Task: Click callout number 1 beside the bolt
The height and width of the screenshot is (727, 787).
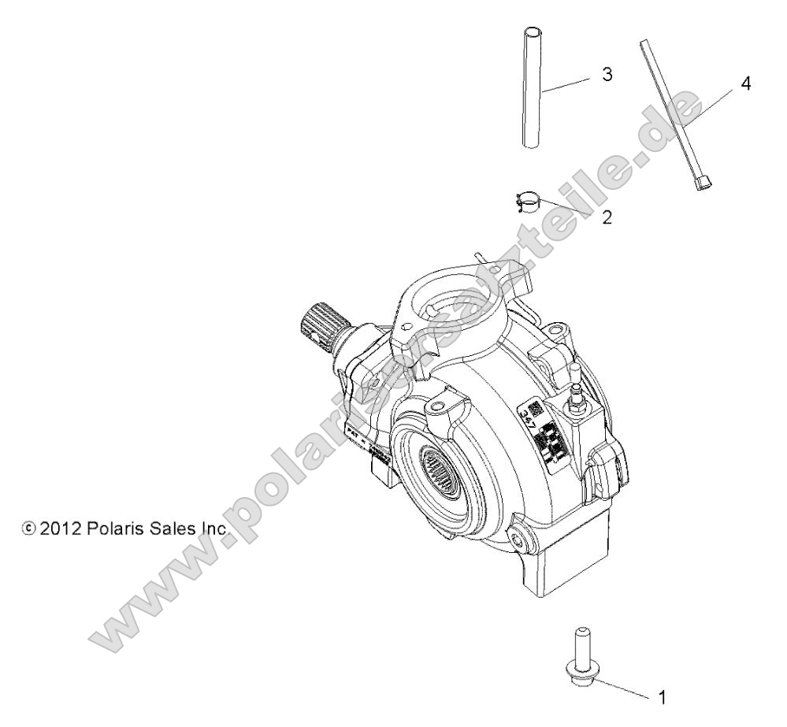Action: pos(662,696)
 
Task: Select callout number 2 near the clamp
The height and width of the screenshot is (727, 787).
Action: pos(607,217)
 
